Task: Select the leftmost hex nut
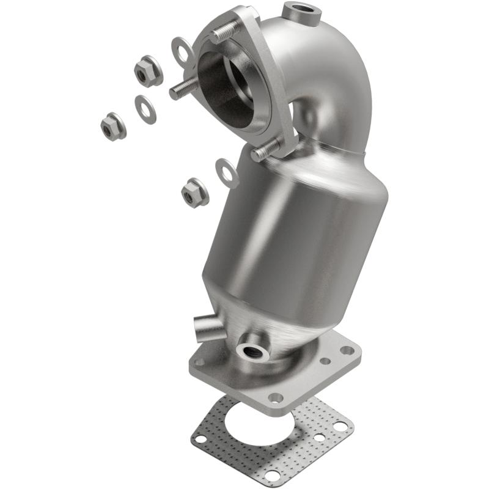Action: click(113, 127)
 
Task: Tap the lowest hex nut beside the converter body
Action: click(194, 194)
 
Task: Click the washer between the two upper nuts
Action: click(144, 109)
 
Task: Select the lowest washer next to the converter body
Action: click(227, 173)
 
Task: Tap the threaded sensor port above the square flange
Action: click(252, 351)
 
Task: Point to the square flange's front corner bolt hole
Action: click(276, 397)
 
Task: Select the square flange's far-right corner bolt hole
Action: click(348, 351)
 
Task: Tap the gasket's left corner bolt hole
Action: click(199, 438)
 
